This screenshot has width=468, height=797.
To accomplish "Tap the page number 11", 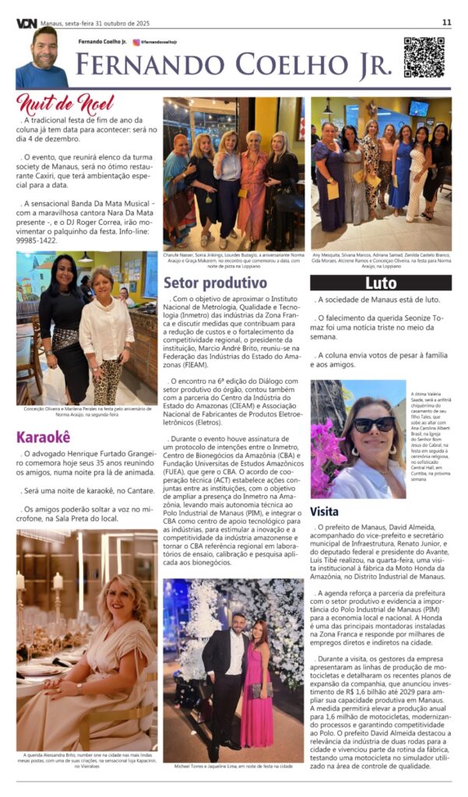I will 446,23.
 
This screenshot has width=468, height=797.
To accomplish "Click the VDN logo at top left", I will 26,23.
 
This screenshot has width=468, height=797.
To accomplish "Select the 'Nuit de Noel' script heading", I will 65,104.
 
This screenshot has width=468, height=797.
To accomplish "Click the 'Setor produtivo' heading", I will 214,282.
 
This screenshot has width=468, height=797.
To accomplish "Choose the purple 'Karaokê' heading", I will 44,436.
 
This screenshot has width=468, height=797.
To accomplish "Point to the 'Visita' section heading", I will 325,511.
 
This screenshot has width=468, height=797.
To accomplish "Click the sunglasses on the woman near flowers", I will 374,425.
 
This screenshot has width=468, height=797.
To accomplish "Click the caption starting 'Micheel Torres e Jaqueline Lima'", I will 233,766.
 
